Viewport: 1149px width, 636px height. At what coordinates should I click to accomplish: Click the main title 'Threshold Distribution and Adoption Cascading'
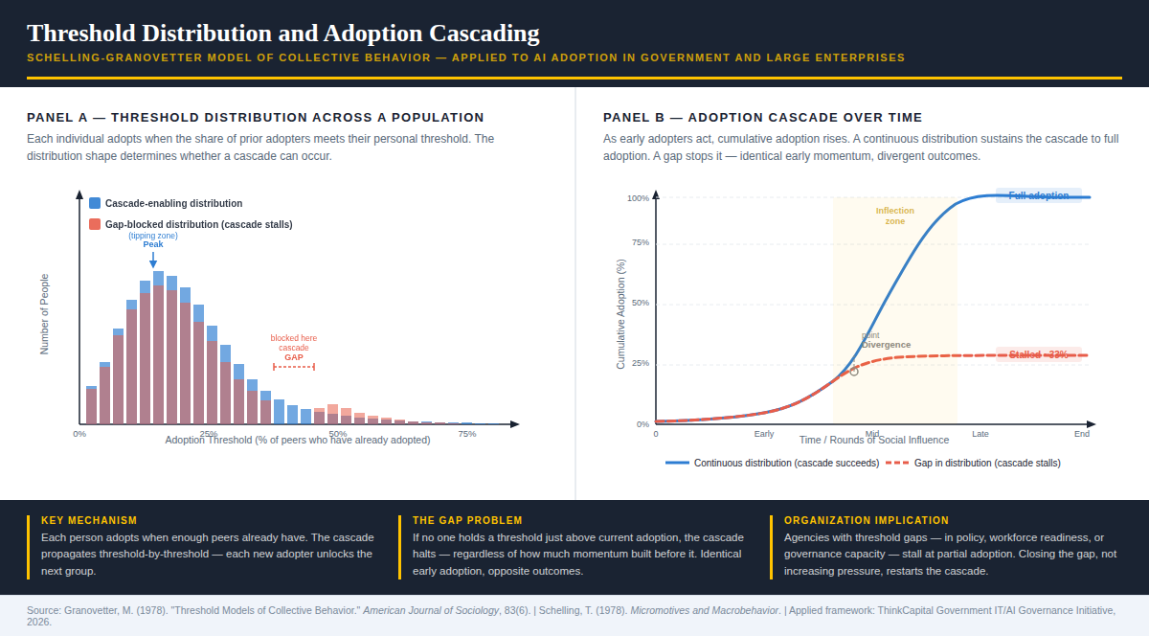[x=282, y=34]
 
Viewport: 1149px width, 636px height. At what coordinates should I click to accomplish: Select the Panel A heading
[x=255, y=118]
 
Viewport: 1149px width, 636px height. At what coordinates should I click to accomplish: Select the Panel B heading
[x=762, y=118]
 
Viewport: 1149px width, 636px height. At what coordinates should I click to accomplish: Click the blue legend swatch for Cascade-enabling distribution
[x=95, y=203]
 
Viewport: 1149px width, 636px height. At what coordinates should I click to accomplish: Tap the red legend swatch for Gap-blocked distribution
[x=95, y=224]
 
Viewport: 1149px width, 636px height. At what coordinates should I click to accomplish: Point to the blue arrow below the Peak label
[x=153, y=260]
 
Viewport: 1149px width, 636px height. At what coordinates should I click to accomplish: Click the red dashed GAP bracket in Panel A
[x=294, y=367]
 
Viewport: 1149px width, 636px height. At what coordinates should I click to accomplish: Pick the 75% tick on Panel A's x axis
[x=467, y=434]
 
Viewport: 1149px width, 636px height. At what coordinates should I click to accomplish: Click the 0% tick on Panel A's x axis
[x=79, y=434]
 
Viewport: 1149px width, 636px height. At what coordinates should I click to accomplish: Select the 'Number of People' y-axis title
[x=44, y=314]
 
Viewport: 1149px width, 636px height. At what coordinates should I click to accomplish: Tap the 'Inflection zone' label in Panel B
[x=894, y=216]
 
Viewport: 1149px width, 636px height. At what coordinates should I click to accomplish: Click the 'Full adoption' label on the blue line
[x=1038, y=195]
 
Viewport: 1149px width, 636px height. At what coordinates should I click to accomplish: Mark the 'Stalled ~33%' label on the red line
[x=1038, y=354]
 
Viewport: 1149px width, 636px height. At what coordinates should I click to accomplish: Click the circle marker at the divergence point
[x=854, y=371]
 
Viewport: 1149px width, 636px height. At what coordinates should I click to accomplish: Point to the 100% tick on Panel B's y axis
[x=638, y=198]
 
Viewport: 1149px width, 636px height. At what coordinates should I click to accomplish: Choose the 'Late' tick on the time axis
[x=980, y=434]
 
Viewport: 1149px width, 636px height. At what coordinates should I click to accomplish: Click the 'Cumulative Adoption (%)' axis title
[x=620, y=314]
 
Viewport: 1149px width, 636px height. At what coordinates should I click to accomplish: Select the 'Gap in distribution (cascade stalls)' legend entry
[x=986, y=463]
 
